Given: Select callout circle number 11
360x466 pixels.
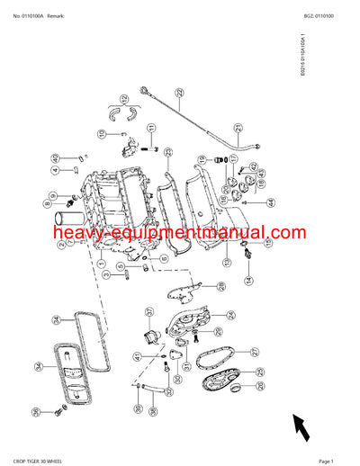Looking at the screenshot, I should click(x=102, y=135).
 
